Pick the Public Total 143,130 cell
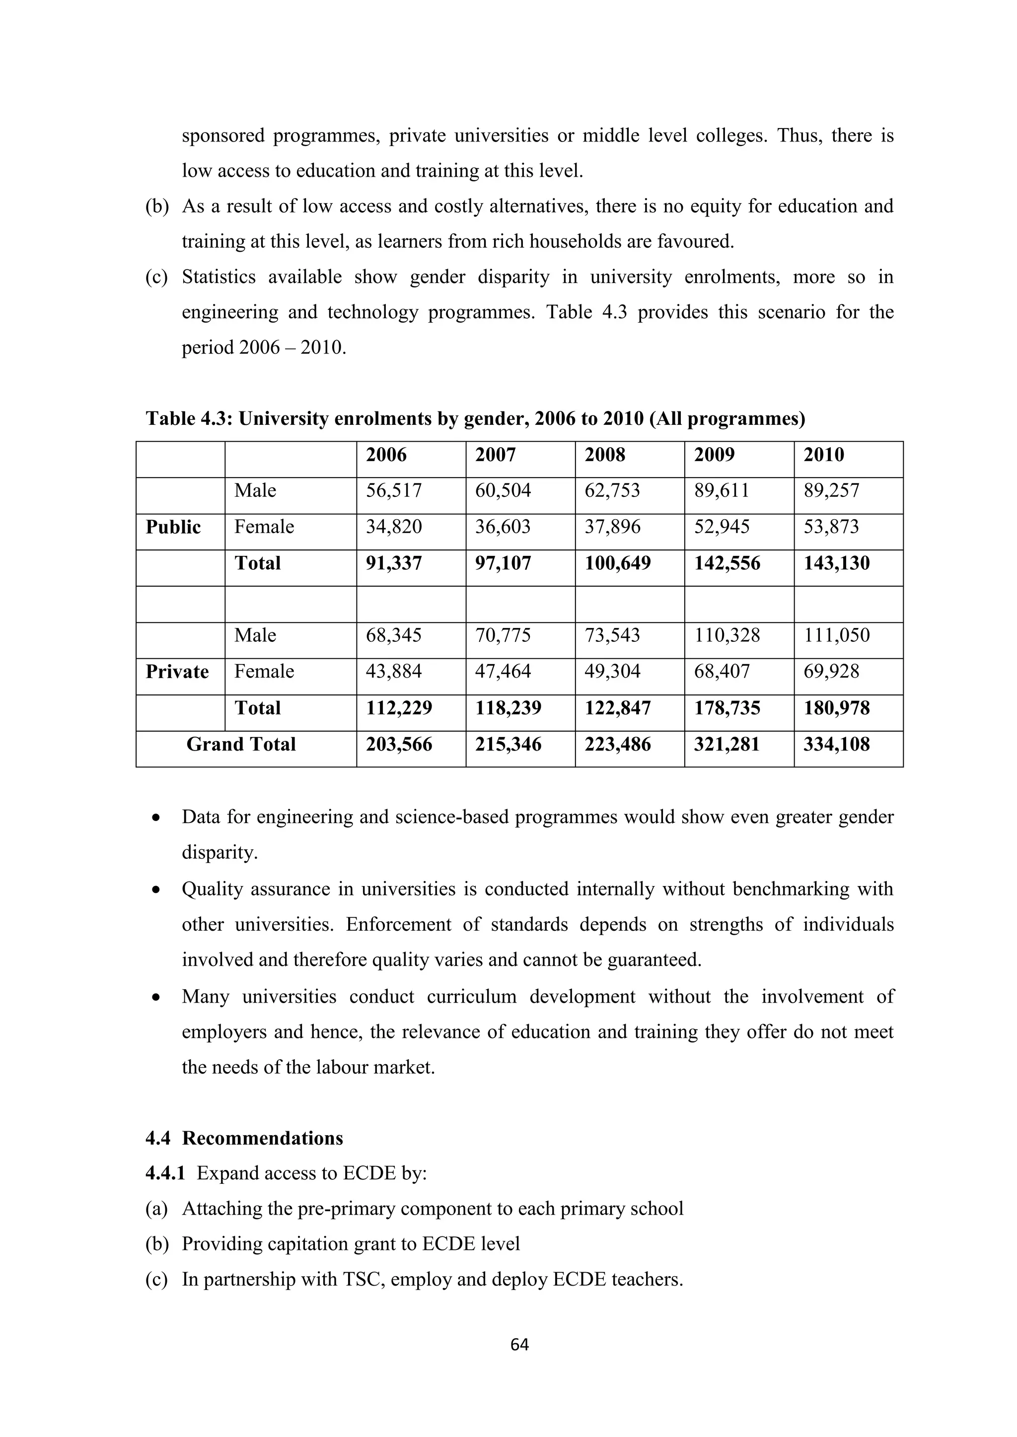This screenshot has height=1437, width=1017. tap(836, 563)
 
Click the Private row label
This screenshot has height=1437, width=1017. tap(177, 672)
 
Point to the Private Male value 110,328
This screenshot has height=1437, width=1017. tap(726, 635)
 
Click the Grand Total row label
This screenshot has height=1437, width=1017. tap(241, 744)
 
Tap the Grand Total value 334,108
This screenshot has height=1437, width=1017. tap(836, 744)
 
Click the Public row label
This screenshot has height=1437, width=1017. tap(173, 527)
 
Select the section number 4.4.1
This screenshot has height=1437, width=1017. tap(165, 1173)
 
